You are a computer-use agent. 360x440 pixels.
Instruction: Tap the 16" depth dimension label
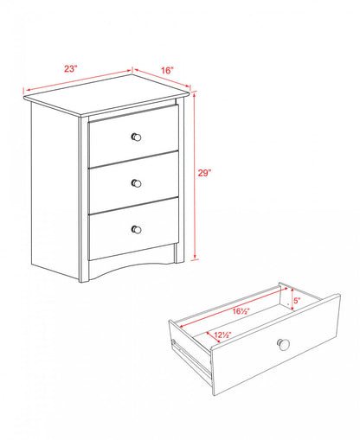click(167, 70)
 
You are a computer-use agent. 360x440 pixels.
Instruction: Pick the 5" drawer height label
click(295, 302)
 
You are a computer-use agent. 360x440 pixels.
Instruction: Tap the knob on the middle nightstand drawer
click(135, 182)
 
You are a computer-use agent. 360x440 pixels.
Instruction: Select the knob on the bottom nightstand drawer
click(136, 228)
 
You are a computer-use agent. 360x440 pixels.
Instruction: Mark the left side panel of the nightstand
click(57, 190)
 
